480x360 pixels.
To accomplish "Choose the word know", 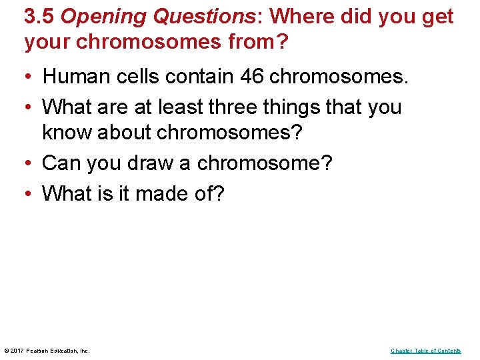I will [67, 132].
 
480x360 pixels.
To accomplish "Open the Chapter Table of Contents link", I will [425, 351].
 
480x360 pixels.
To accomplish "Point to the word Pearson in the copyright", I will [39, 351].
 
